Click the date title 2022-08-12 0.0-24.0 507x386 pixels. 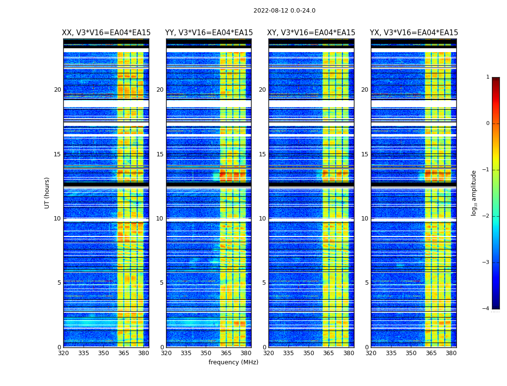click(x=284, y=11)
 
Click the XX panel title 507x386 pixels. click(x=106, y=33)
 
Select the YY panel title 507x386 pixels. click(x=209, y=33)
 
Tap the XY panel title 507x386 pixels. click(x=311, y=33)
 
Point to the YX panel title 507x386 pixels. click(x=414, y=33)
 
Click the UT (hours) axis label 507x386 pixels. click(x=47, y=193)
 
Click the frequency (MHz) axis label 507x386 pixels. click(x=233, y=362)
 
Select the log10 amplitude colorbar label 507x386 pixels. click(x=474, y=193)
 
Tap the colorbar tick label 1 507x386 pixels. click(x=487, y=77)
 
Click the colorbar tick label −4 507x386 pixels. click(x=485, y=309)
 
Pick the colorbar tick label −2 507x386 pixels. click(x=485, y=216)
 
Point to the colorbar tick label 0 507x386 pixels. click(x=487, y=124)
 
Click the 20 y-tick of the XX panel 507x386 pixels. click(x=57, y=90)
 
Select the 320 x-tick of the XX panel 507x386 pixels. click(x=63, y=353)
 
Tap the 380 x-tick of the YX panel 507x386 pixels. click(x=451, y=353)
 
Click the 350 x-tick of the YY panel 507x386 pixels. click(x=206, y=353)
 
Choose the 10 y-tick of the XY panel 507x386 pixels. click(x=262, y=219)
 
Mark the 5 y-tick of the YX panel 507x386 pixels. click(x=366, y=283)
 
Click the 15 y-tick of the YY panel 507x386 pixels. click(x=159, y=154)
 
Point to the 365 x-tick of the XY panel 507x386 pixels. click(x=328, y=353)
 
